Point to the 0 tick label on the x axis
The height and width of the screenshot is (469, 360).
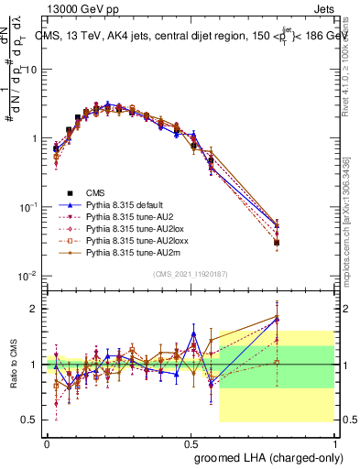click(x=47, y=442)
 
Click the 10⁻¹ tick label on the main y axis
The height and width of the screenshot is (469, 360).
click(x=28, y=207)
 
